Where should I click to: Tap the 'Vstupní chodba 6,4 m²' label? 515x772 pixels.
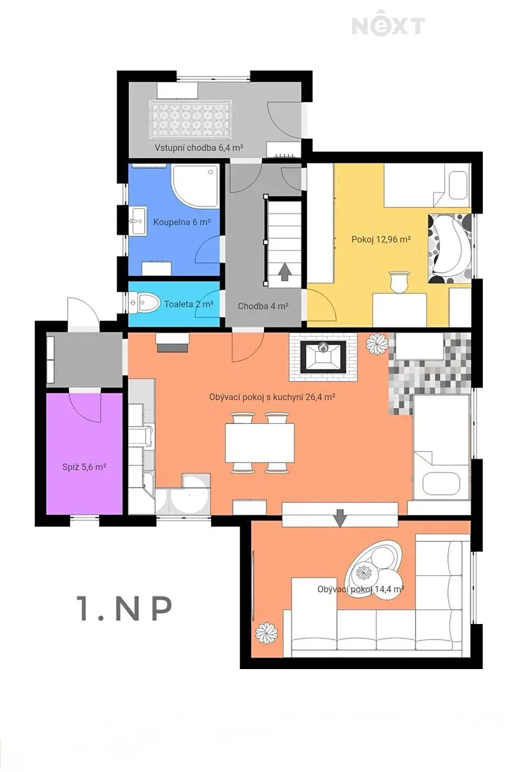[x=199, y=148]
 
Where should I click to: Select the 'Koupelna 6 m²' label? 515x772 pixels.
[x=182, y=222]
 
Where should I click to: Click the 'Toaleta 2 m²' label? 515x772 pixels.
[x=189, y=304]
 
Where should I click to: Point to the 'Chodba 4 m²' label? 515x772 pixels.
[x=263, y=306]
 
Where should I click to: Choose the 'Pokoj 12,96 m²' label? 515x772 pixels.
[x=381, y=239]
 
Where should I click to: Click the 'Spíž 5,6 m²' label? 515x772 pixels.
[x=84, y=467]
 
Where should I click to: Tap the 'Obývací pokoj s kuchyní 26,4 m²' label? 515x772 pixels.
[x=272, y=397]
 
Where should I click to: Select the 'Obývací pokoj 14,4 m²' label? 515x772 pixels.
[x=360, y=589]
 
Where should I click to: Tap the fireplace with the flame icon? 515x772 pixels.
[x=323, y=356]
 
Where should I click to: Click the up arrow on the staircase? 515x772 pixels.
[x=285, y=271]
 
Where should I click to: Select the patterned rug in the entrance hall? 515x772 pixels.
[x=191, y=120]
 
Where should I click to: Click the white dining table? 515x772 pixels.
[x=259, y=443]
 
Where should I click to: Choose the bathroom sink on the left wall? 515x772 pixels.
[x=138, y=221]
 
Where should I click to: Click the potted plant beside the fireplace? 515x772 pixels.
[x=377, y=344]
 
